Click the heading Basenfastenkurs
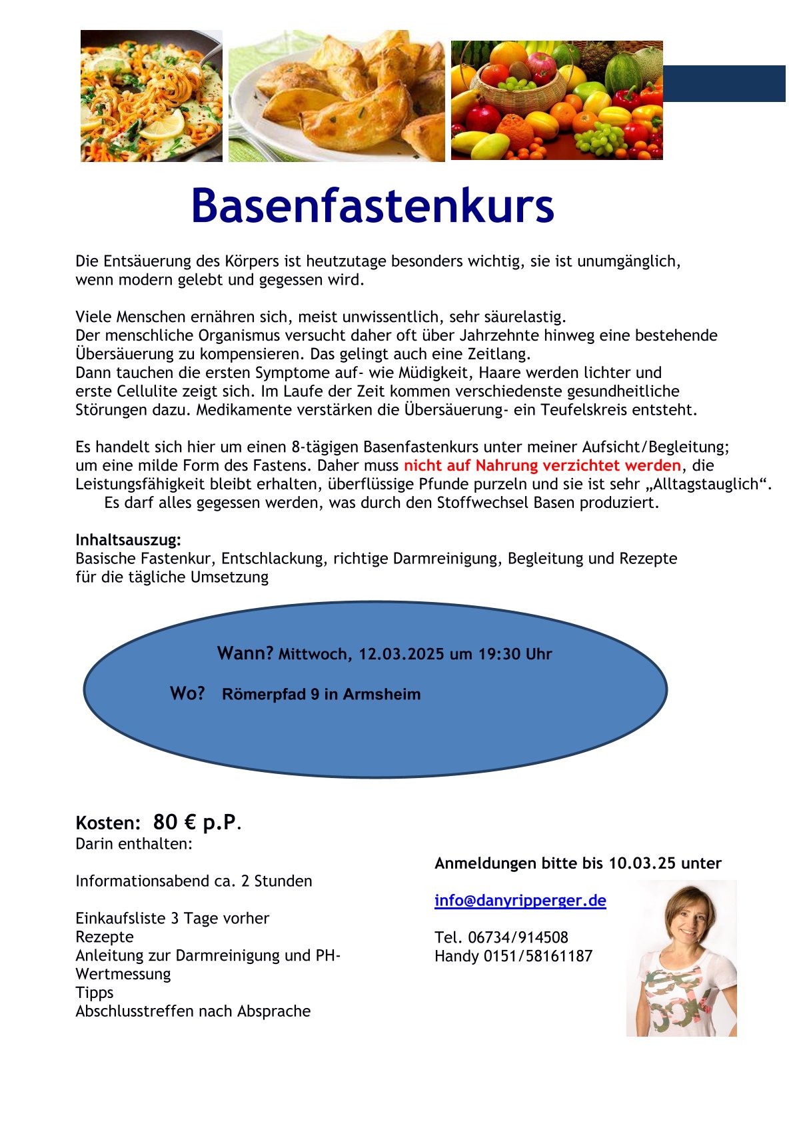pos(372,206)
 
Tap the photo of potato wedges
pos(337,95)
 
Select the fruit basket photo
pos(556,100)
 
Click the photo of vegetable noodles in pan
pos(151,95)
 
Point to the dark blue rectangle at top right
pos(724,83)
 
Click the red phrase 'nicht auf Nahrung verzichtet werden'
pos(542,465)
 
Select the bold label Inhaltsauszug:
pos(128,539)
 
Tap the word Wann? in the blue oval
pos(245,653)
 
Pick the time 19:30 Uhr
pos(515,654)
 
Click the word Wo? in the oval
pos(187,693)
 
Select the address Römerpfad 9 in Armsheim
pos(321,694)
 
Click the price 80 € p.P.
pos(195,822)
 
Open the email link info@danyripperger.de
pos(520,901)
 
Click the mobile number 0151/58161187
pos(537,956)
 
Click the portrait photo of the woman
pos(681,958)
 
